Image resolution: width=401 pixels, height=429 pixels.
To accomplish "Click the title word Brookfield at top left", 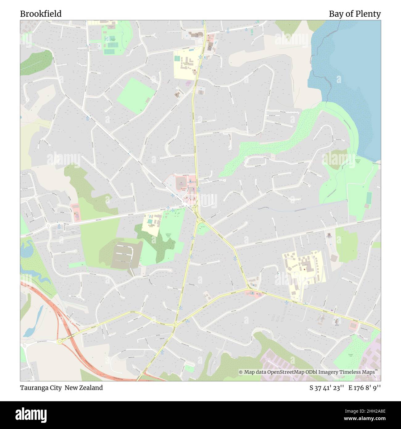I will tap(41, 14).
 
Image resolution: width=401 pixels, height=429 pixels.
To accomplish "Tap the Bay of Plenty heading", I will tap(354, 14).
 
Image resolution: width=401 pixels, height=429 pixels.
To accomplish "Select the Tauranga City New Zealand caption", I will tap(61, 388).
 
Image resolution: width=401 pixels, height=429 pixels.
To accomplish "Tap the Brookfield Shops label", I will tap(183, 190).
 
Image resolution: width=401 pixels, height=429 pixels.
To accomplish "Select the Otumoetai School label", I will tap(186, 64).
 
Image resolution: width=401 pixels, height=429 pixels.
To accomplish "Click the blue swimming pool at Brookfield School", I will tap(150, 221).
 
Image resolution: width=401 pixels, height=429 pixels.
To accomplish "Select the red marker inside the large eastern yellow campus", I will tap(304, 269).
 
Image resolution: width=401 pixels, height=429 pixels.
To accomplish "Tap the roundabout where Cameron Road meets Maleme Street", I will tap(175, 324).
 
